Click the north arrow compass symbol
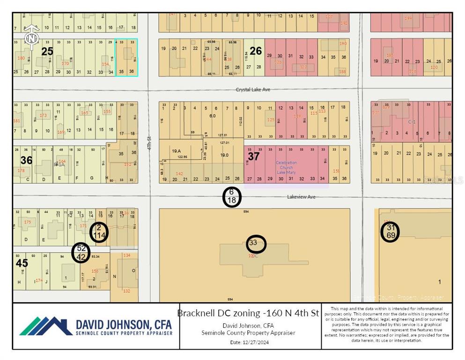(x=31, y=37)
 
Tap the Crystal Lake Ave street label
(x=253, y=90)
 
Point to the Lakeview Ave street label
(x=301, y=197)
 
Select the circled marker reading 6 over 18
(x=231, y=196)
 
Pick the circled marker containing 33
(x=256, y=243)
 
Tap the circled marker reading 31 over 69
(x=390, y=232)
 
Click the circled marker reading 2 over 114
(x=99, y=232)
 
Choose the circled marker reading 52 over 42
(x=81, y=252)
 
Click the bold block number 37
(x=253, y=157)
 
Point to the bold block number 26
(x=255, y=51)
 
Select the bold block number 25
(x=47, y=51)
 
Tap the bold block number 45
(x=22, y=263)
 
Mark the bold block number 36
(x=26, y=160)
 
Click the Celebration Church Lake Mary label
(x=286, y=167)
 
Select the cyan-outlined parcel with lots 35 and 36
(x=126, y=57)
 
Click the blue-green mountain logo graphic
(x=45, y=326)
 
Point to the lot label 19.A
(x=176, y=151)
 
